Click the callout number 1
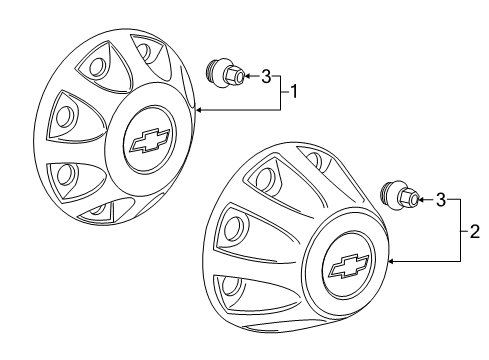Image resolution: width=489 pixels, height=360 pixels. coord(294,91)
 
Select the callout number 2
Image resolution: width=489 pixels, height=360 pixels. coord(474,231)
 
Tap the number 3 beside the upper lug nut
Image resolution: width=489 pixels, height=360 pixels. coord(266,77)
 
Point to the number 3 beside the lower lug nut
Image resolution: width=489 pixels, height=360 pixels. coord(441,200)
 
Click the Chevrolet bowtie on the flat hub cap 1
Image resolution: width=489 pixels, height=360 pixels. coord(149,140)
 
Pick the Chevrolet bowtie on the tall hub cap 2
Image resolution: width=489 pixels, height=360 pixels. coord(349,266)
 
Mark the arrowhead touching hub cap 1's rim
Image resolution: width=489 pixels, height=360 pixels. coord(199,110)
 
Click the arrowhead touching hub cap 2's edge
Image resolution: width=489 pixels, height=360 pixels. coord(392,261)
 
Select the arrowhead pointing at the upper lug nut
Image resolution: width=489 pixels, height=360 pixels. coord(248,76)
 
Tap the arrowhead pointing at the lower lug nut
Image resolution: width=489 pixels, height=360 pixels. coord(422,200)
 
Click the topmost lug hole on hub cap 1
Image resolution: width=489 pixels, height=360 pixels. coord(145,51)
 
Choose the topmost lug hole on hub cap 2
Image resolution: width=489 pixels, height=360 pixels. coord(314,159)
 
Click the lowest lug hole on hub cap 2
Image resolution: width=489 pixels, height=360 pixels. coord(230,286)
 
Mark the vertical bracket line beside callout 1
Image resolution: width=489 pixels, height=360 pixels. coord(281,93)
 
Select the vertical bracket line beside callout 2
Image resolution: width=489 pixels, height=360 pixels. coord(461,230)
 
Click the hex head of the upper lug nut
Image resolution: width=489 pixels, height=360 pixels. coord(234,76)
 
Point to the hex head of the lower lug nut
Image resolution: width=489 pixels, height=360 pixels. coord(408,199)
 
